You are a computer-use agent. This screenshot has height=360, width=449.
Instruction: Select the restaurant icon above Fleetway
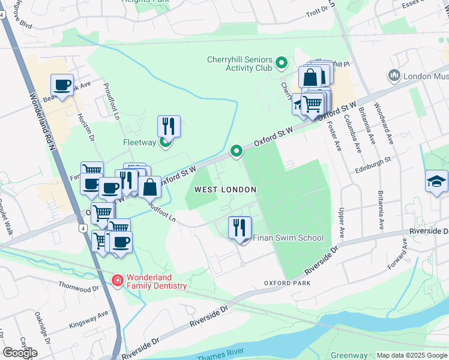[x=169, y=127]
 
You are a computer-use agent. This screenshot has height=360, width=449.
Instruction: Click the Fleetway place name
[x=140, y=143]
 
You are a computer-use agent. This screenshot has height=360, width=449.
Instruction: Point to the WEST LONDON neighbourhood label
[x=225, y=190]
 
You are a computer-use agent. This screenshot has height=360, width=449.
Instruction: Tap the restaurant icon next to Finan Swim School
[x=240, y=228]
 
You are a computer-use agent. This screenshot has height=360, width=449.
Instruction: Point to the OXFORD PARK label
[x=287, y=283]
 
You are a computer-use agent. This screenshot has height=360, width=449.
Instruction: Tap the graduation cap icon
[x=436, y=181]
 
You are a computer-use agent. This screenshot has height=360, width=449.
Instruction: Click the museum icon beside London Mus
[x=394, y=76]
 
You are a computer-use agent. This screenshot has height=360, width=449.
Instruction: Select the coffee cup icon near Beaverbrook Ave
[x=62, y=85]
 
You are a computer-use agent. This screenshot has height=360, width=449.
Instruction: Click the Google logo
[x=20, y=353]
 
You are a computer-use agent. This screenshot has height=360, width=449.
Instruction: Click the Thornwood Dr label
[x=78, y=289]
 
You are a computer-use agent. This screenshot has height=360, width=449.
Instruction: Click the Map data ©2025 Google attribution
[x=411, y=355]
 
